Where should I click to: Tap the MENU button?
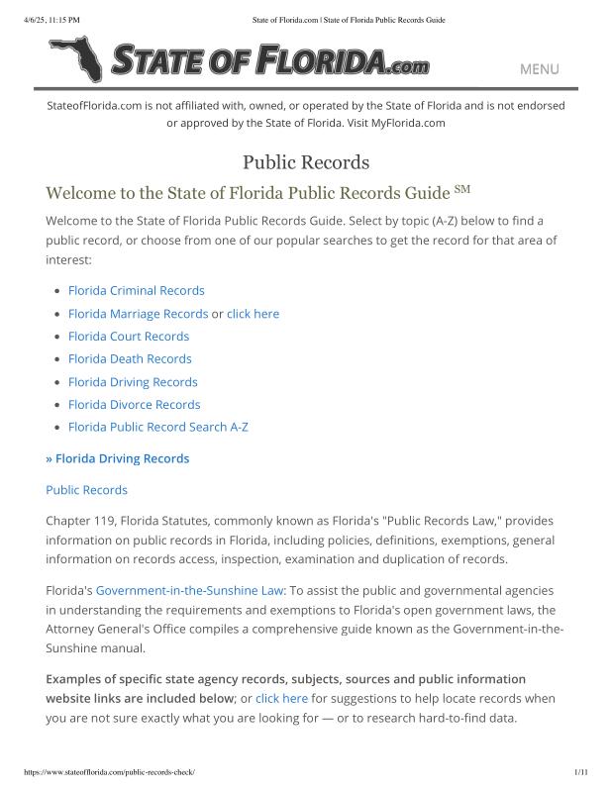(539, 69)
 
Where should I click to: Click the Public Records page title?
(306, 161)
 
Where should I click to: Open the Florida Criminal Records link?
(136, 291)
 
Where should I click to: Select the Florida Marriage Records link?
(138, 314)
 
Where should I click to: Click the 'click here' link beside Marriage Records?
(253, 314)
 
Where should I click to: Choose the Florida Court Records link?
(128, 337)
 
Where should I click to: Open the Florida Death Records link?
(130, 359)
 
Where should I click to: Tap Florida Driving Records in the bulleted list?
(133, 382)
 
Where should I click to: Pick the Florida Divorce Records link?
(134, 405)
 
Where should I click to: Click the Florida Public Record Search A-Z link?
(157, 428)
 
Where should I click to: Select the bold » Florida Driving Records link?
(118, 458)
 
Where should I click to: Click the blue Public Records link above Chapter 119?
(86, 490)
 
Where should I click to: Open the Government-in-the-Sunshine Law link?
(190, 590)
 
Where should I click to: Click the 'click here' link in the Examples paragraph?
(281, 698)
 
